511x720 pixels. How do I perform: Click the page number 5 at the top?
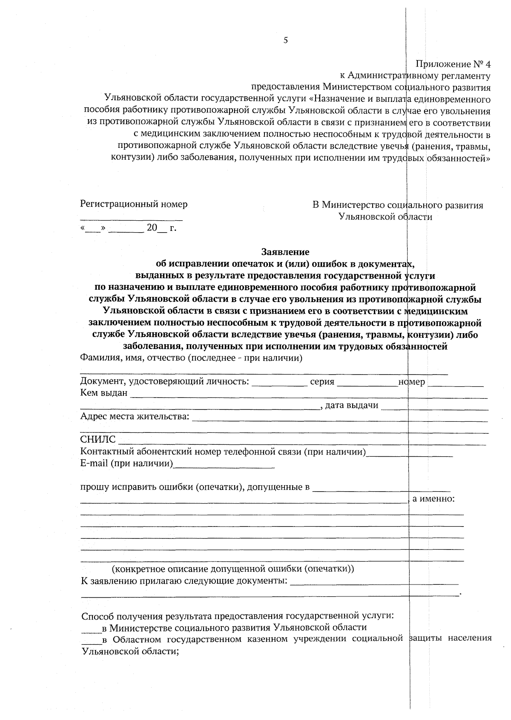click(x=285, y=40)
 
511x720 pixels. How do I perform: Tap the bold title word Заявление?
click(x=285, y=252)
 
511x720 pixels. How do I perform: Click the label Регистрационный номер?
click(x=134, y=204)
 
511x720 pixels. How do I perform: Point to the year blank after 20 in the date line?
click(x=162, y=230)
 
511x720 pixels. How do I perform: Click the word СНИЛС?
click(x=98, y=440)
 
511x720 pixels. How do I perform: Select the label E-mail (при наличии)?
click(x=126, y=463)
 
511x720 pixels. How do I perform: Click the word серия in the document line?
click(x=322, y=382)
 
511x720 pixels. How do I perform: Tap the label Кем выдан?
click(x=104, y=393)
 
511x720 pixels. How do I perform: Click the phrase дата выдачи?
click(x=351, y=405)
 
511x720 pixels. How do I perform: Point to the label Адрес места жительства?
click(x=135, y=416)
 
